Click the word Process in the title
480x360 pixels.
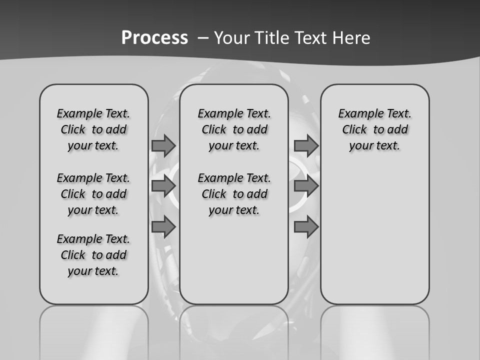coord(154,38)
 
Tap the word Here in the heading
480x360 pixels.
coord(351,38)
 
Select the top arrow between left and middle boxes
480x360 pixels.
coord(163,145)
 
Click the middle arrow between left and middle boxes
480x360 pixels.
coord(163,186)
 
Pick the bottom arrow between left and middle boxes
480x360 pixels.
coord(163,227)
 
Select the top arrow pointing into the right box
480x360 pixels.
coord(306,145)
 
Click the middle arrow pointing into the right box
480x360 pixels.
coord(306,186)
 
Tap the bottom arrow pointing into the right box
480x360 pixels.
coord(306,227)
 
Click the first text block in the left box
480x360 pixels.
coord(93,129)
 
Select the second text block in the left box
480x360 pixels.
coord(93,194)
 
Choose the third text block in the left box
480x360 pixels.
coord(93,255)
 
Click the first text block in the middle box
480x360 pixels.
coord(234,129)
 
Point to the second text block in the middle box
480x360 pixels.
coord(234,194)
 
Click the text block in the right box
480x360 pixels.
coord(374,129)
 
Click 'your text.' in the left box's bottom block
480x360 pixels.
coord(93,271)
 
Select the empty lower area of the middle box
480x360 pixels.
coord(234,265)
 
